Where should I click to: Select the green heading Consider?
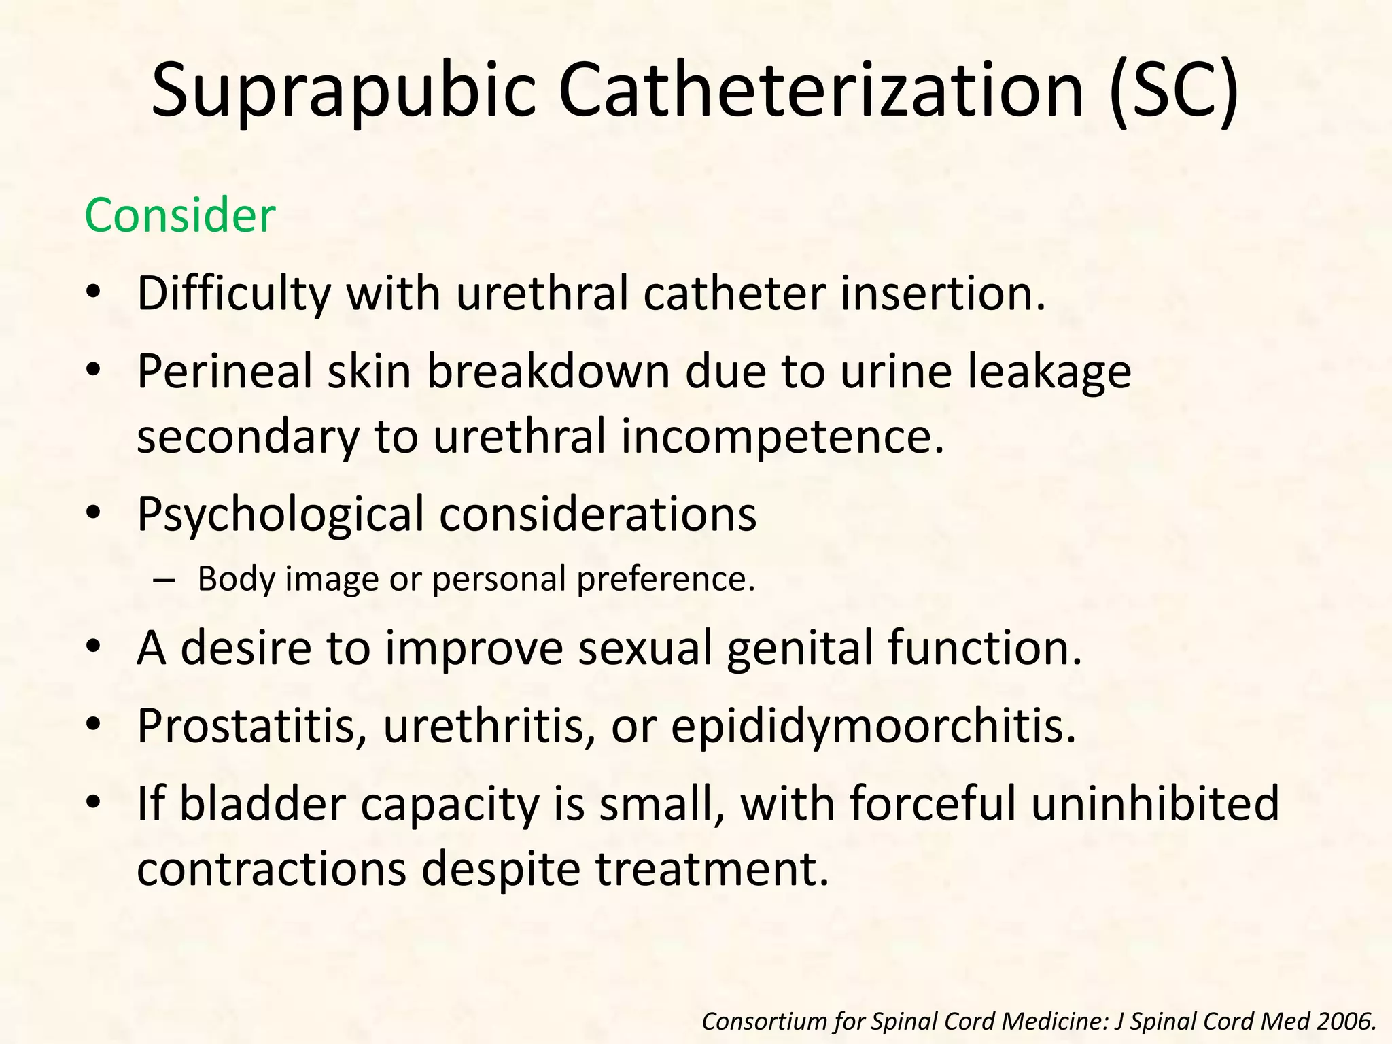pos(180,215)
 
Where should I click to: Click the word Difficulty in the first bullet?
pos(234,294)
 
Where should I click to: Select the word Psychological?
pos(280,515)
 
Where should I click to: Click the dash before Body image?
pos(164,580)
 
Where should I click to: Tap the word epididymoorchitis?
pos(873,725)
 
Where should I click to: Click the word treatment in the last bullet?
pos(713,868)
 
